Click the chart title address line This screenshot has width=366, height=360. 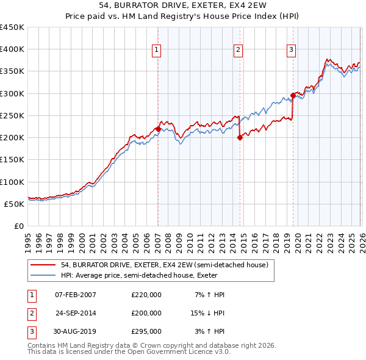[x=182, y=5]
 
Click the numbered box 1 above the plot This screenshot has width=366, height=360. [x=157, y=50]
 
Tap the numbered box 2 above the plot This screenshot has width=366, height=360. [x=238, y=50]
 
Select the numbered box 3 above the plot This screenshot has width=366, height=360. [x=292, y=50]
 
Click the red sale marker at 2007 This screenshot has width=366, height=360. [x=158, y=129]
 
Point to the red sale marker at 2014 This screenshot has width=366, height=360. [x=240, y=138]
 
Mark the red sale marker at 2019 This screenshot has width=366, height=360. [x=293, y=95]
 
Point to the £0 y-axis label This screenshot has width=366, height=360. [x=19, y=226]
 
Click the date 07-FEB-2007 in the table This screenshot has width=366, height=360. [x=76, y=295]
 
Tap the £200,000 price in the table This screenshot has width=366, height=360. [x=146, y=312]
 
